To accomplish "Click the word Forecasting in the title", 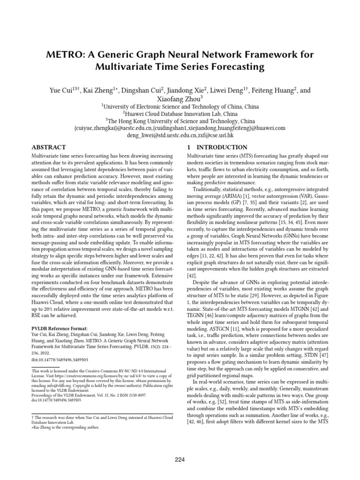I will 232,67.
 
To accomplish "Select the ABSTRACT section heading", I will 48,147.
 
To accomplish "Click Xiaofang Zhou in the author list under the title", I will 180,98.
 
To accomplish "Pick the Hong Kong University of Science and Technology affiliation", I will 180,120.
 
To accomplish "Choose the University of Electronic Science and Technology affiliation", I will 180,106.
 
